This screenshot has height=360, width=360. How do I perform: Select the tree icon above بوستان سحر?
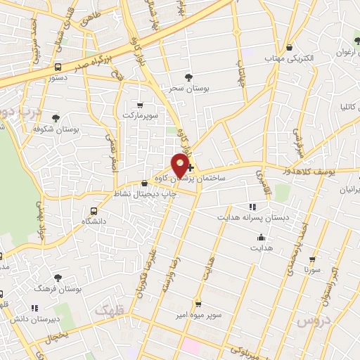(188, 77)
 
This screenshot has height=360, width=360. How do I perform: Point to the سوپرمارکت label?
(139, 114)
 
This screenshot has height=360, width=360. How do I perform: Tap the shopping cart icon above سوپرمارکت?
(139, 103)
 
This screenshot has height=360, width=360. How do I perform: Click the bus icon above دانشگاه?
(94, 210)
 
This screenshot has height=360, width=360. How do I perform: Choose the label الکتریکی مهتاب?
(289, 58)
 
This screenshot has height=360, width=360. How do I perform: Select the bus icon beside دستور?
(57, 67)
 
